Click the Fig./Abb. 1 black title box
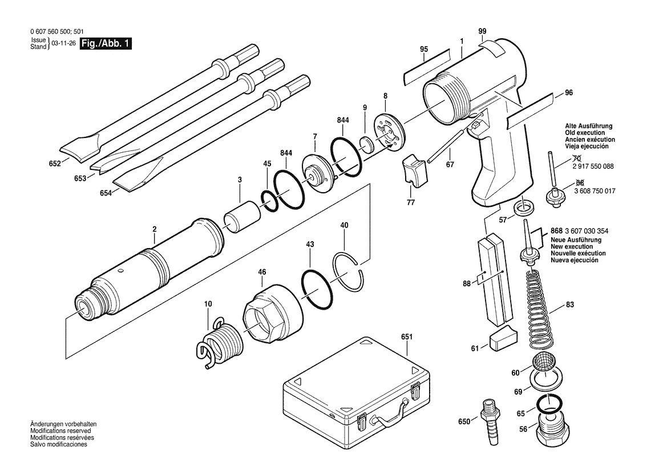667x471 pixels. [107, 44]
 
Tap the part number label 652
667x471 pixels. [55, 163]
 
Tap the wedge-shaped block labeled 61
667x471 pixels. [502, 339]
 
